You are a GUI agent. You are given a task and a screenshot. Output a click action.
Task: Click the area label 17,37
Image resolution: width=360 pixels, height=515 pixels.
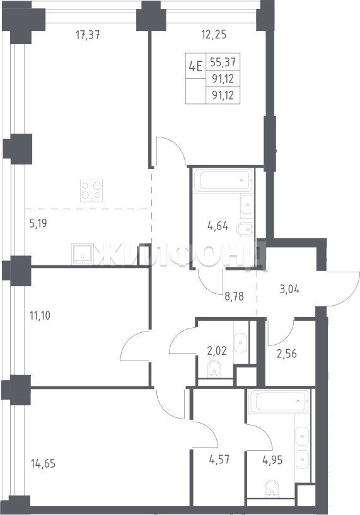(88, 35)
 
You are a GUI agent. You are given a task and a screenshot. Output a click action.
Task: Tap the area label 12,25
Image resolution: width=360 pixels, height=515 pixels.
(214, 34)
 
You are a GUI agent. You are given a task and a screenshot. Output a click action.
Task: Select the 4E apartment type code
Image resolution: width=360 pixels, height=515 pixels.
(195, 66)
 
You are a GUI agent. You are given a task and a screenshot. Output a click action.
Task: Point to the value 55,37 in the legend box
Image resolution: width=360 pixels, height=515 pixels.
(223, 61)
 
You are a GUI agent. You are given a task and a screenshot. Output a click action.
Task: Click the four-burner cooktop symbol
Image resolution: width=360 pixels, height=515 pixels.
(91, 190)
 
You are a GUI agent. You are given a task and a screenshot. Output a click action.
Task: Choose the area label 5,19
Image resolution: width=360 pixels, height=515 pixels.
(38, 224)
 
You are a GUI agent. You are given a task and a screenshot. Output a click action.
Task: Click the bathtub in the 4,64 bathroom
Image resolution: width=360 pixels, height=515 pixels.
(223, 180)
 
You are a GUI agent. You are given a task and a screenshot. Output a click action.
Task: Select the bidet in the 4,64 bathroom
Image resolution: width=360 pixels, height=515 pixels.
(245, 229)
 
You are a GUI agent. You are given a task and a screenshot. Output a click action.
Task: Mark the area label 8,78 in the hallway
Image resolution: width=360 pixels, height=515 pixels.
(234, 297)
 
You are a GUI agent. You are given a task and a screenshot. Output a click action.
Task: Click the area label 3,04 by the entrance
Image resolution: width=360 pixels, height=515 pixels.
(289, 290)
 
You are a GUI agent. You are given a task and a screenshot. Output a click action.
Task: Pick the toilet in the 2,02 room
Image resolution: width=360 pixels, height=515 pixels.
(214, 369)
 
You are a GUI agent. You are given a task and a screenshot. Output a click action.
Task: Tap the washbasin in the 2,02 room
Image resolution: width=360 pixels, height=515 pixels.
(240, 343)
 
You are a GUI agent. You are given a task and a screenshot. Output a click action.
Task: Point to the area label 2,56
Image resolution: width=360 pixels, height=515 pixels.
(286, 354)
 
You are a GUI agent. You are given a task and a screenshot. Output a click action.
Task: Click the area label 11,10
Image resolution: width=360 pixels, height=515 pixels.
(40, 316)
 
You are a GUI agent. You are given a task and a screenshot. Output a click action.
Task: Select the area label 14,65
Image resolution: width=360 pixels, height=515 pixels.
(43, 464)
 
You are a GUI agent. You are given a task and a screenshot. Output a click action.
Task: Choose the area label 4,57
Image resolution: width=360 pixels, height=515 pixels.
(219, 460)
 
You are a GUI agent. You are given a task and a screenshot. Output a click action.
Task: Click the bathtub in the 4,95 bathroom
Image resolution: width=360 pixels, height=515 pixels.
(279, 402)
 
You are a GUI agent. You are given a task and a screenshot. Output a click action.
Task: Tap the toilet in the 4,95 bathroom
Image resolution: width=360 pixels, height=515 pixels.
(272, 489)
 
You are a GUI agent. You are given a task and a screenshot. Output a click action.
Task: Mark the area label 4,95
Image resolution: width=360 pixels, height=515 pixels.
(272, 460)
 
